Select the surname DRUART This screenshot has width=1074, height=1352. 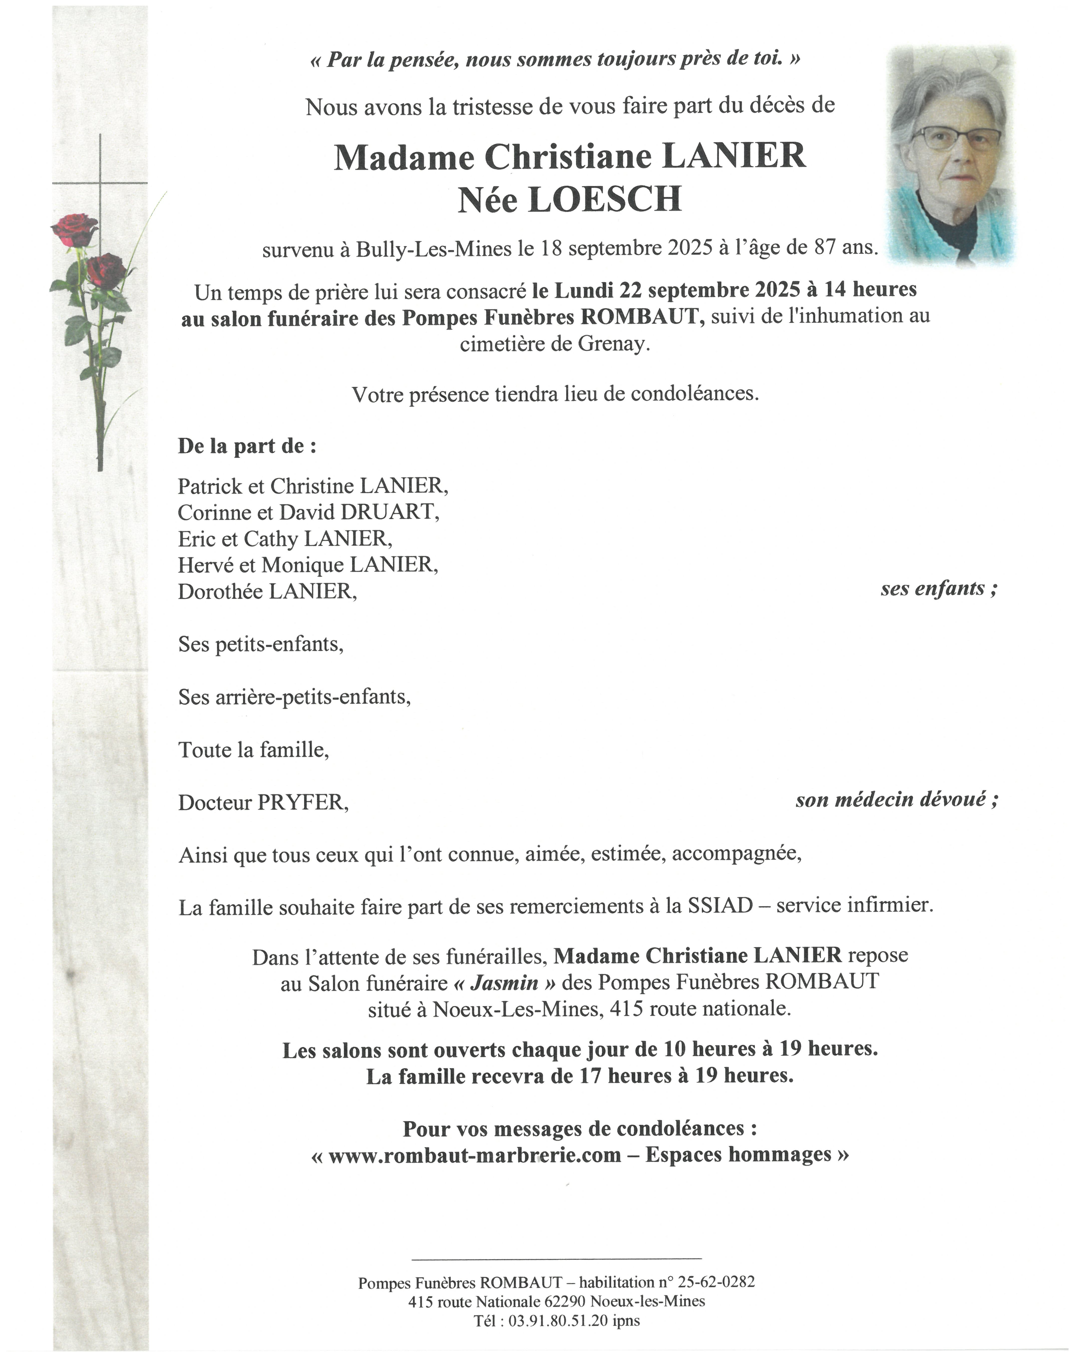(x=389, y=512)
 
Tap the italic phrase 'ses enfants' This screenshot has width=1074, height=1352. (x=933, y=588)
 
